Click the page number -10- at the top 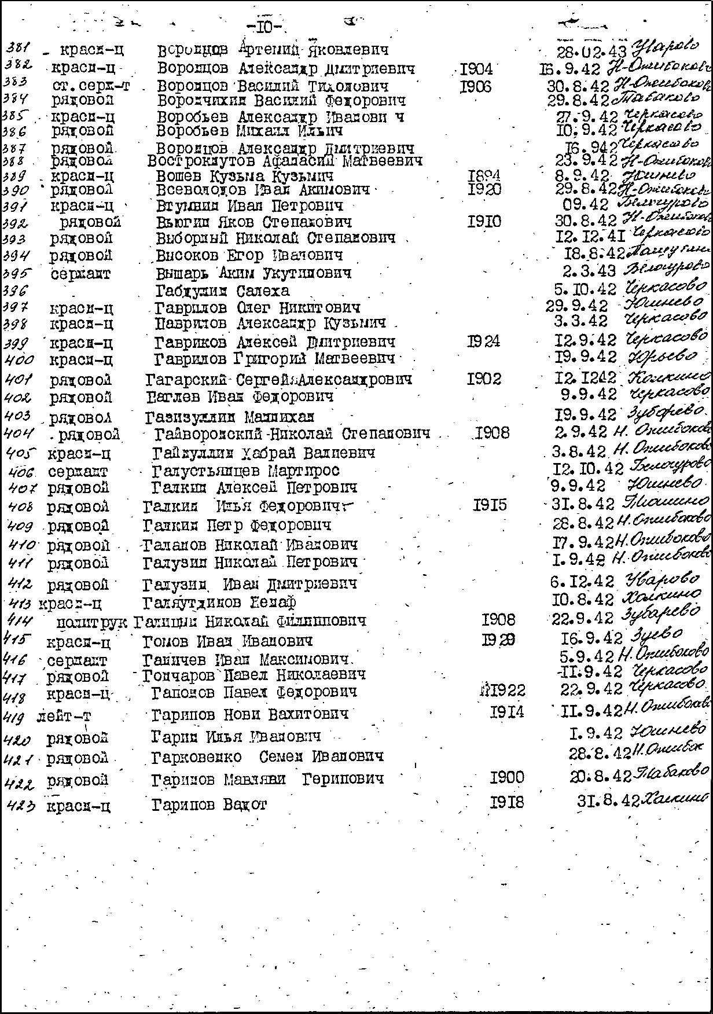264,27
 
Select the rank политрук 93,622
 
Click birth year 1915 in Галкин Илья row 490,505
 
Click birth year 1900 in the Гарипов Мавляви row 506,777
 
